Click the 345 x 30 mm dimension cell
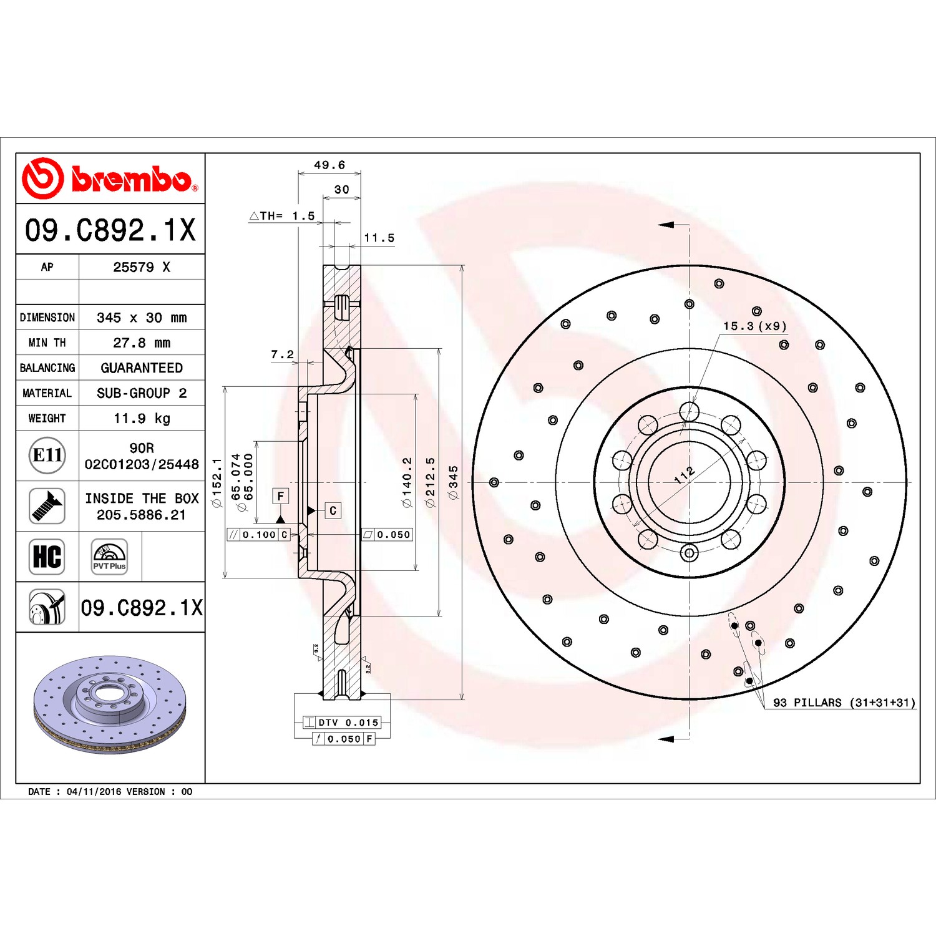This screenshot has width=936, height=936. [142, 318]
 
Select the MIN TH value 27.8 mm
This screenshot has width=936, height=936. [142, 343]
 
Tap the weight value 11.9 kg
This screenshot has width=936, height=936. [142, 418]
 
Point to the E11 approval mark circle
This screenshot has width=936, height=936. [47, 456]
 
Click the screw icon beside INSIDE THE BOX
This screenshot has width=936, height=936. [47, 506]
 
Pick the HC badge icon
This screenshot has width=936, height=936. [47, 557]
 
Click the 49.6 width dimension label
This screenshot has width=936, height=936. [329, 165]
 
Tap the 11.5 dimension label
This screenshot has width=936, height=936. [379, 238]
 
